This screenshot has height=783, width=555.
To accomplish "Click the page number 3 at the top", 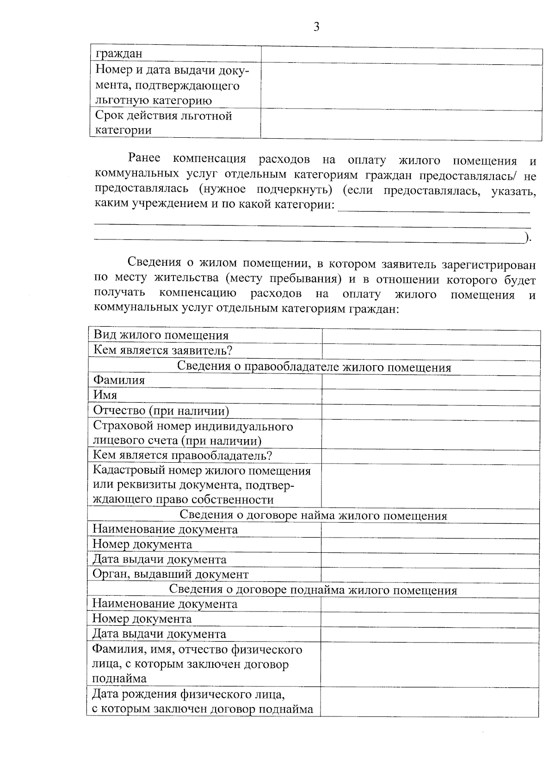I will click(316, 27).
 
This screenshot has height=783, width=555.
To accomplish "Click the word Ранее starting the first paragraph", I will click(144, 159).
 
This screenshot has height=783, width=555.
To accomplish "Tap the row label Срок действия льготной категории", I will click(163, 123).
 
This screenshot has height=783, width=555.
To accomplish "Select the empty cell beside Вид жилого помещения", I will click(431, 336).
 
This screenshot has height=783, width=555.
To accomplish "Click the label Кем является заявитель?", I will click(163, 350).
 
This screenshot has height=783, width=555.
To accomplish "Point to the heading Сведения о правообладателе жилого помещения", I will click(314, 367).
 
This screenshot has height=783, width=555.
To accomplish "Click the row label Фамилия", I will click(119, 380).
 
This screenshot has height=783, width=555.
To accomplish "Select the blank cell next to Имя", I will click(431, 396).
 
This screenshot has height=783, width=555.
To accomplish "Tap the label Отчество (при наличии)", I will click(161, 411).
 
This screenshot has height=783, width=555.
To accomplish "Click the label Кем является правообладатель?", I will click(182, 456).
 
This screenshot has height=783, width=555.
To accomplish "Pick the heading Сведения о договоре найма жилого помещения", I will click(313, 516).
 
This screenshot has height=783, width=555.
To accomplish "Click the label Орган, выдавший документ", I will click(171, 575).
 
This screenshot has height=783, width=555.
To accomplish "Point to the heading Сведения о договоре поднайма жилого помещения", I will click(313, 590).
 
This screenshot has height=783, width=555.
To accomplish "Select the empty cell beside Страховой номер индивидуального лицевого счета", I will click(431, 434).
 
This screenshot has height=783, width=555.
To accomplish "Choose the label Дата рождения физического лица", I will click(188, 694).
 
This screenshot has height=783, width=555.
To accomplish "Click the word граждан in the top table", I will click(119, 54).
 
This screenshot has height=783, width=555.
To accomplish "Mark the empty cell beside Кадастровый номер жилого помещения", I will click(431, 485).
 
